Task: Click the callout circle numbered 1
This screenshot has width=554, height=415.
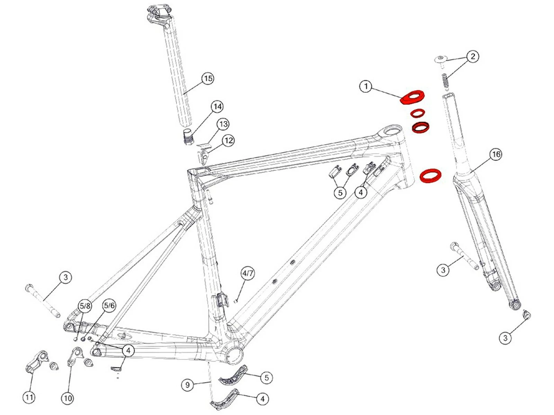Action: (x=366, y=86)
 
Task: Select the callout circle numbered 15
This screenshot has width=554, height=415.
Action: (x=208, y=79)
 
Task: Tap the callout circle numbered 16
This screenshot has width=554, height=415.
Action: (x=496, y=154)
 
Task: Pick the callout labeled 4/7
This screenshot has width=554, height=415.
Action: (x=248, y=274)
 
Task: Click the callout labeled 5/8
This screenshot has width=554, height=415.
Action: (x=85, y=306)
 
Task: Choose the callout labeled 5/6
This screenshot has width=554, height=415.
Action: (x=109, y=305)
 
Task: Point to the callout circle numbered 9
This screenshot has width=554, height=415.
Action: (x=187, y=385)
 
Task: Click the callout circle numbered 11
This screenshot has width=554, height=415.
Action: (x=29, y=397)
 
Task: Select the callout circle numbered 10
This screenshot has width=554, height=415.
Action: (x=68, y=398)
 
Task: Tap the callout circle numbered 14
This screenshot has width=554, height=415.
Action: (x=217, y=107)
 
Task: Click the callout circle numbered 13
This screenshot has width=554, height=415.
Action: (x=223, y=124)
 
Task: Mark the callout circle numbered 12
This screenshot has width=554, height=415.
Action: (x=229, y=140)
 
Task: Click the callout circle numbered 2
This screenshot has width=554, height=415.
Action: (x=473, y=56)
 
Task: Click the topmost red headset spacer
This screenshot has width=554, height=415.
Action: (x=412, y=96)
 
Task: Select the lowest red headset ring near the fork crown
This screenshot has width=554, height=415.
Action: (x=430, y=175)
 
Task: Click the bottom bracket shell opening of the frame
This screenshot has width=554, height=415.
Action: (x=235, y=354)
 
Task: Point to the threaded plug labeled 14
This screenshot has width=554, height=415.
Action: (x=188, y=137)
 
